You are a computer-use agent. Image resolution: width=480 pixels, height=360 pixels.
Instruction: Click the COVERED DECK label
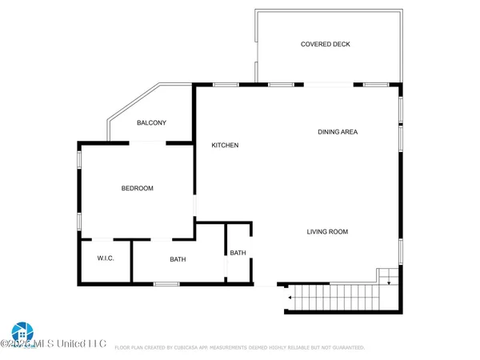click(325, 44)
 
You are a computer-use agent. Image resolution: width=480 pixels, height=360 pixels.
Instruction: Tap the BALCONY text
click(151, 122)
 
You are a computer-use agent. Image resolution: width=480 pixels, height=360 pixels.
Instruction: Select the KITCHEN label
click(225, 145)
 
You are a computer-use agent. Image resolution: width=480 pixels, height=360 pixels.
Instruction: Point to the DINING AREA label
click(337, 132)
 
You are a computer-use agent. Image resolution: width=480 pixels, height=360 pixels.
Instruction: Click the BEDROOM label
click(137, 188)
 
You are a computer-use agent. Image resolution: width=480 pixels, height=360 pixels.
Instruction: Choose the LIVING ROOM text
click(327, 232)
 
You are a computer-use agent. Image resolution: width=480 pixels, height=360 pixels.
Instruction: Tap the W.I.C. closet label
click(106, 258)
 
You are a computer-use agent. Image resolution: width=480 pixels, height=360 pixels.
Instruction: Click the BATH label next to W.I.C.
click(178, 259)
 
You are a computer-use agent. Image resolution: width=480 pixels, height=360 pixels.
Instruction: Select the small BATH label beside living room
click(238, 253)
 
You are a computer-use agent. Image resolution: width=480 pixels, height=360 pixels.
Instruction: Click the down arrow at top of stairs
click(388, 279)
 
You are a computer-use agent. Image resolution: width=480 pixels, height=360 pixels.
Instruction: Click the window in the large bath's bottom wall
click(166, 284)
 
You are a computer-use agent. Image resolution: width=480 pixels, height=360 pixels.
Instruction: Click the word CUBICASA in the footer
click(202, 348)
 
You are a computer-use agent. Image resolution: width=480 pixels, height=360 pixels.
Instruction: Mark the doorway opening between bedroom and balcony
click(148, 142)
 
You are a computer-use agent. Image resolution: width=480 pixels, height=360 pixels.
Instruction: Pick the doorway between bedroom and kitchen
click(194, 207)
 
